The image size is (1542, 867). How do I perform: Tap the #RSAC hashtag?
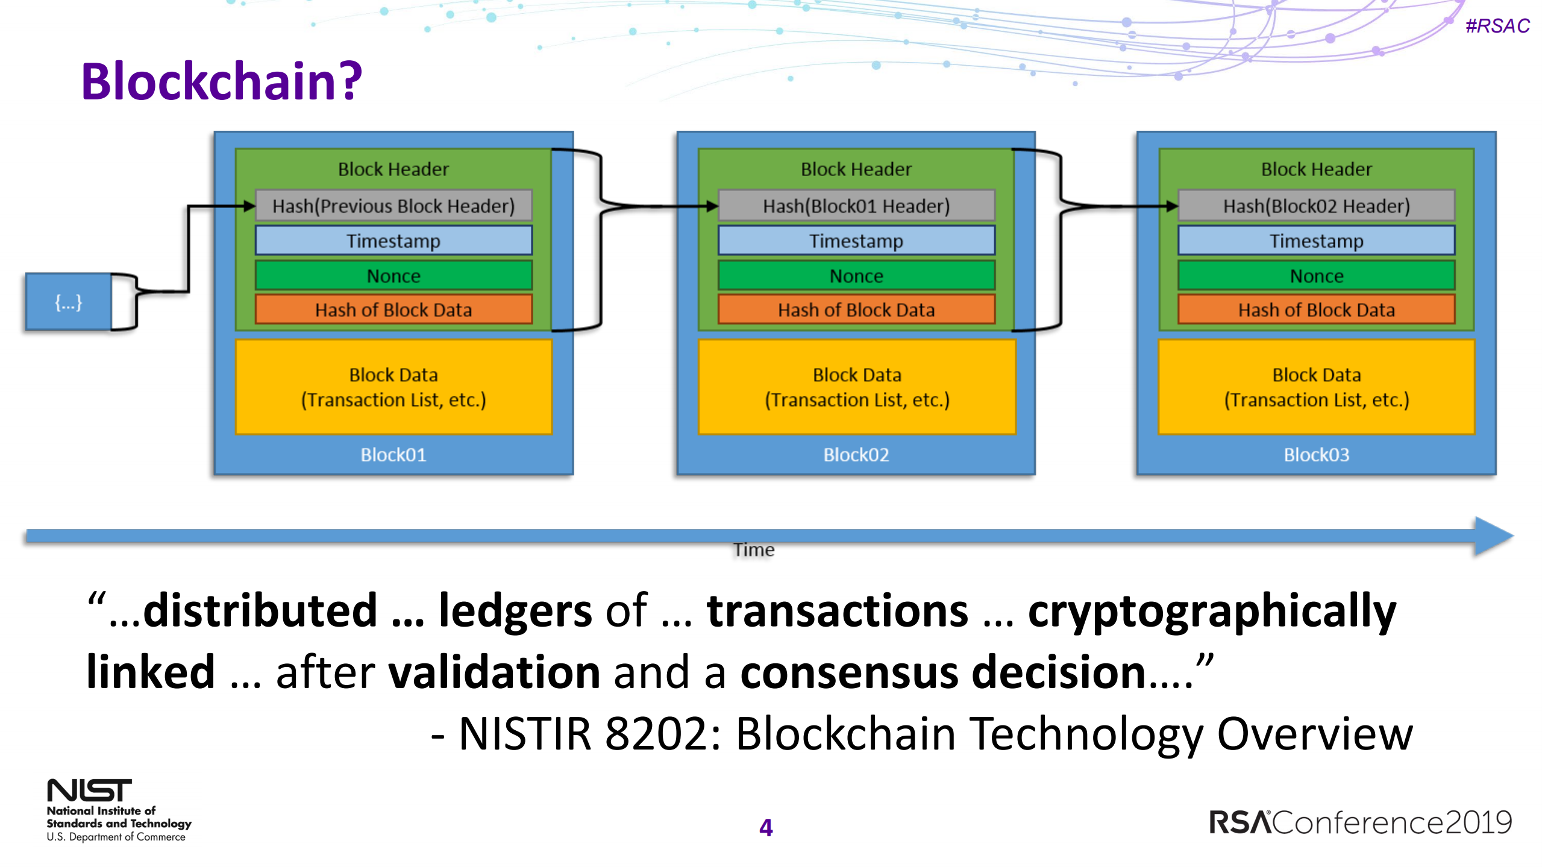coord(1497,26)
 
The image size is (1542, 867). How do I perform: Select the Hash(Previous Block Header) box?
coord(393,206)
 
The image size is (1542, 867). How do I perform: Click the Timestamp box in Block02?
coord(856,241)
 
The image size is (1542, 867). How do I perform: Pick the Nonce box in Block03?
coord(1316,276)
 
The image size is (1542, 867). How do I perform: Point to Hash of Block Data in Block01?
coord(393,310)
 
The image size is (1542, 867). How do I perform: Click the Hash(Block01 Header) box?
coord(856,206)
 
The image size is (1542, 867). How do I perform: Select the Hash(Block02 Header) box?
coord(1316,206)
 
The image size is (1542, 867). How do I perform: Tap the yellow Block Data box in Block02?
coord(856,387)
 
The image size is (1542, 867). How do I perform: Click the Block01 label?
coord(393,455)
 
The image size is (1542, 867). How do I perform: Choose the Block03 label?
coord(1316,455)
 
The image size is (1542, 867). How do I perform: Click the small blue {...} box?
coord(69,302)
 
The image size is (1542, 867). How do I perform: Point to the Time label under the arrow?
coord(753,550)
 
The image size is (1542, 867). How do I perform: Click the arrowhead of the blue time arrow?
coord(1493,536)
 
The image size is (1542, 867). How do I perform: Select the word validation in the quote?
coord(494,673)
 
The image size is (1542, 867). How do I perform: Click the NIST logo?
coord(89,790)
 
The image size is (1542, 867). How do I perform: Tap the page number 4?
coord(766,828)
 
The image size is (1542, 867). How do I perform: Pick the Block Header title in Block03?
coord(1316,169)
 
